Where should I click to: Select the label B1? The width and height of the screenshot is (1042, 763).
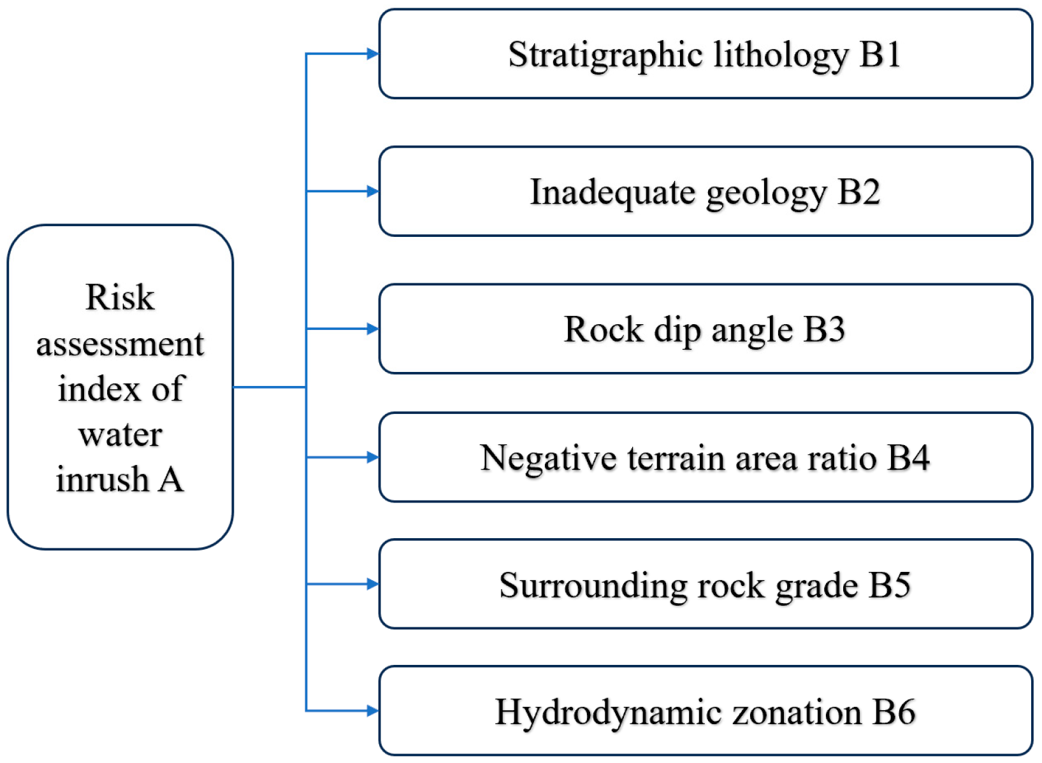click(x=880, y=54)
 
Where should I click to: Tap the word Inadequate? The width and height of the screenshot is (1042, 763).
click(x=612, y=192)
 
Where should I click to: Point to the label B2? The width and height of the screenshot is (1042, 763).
click(x=858, y=192)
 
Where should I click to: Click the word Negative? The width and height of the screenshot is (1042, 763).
click(x=547, y=459)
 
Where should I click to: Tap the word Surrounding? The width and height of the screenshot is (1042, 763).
click(x=593, y=586)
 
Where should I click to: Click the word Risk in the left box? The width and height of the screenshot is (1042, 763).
click(x=120, y=297)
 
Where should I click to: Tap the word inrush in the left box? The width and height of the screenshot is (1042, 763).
click(x=102, y=480)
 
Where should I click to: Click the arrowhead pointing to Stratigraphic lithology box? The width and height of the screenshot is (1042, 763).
click(x=373, y=54)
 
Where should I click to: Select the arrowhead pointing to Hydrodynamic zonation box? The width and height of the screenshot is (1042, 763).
click(x=373, y=711)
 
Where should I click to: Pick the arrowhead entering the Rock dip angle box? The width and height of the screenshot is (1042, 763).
click(x=373, y=329)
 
